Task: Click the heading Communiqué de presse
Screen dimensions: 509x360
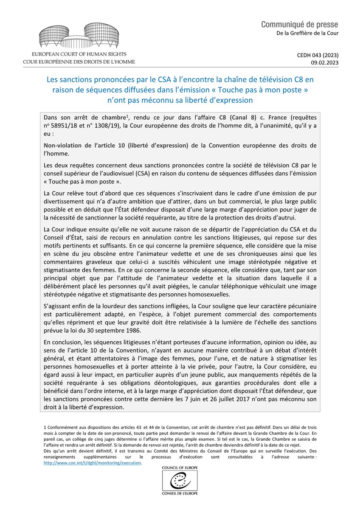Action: (300, 25)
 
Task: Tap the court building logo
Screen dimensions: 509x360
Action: (79, 36)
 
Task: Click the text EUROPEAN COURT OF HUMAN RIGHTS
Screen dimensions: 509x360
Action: (79, 55)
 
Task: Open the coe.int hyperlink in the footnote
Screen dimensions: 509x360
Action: (92, 463)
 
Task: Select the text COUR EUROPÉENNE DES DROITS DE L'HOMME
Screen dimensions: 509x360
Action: (79, 62)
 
